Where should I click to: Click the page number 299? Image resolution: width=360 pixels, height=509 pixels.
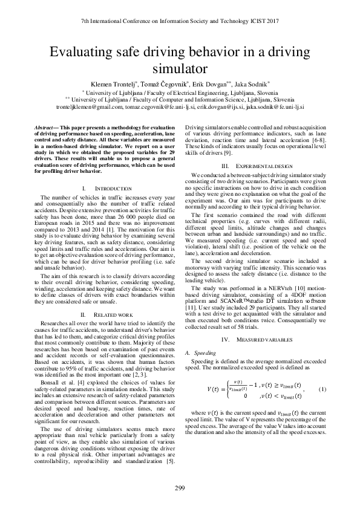[x=180, y=488]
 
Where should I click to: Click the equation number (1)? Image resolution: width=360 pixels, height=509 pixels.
[x=322, y=388]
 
